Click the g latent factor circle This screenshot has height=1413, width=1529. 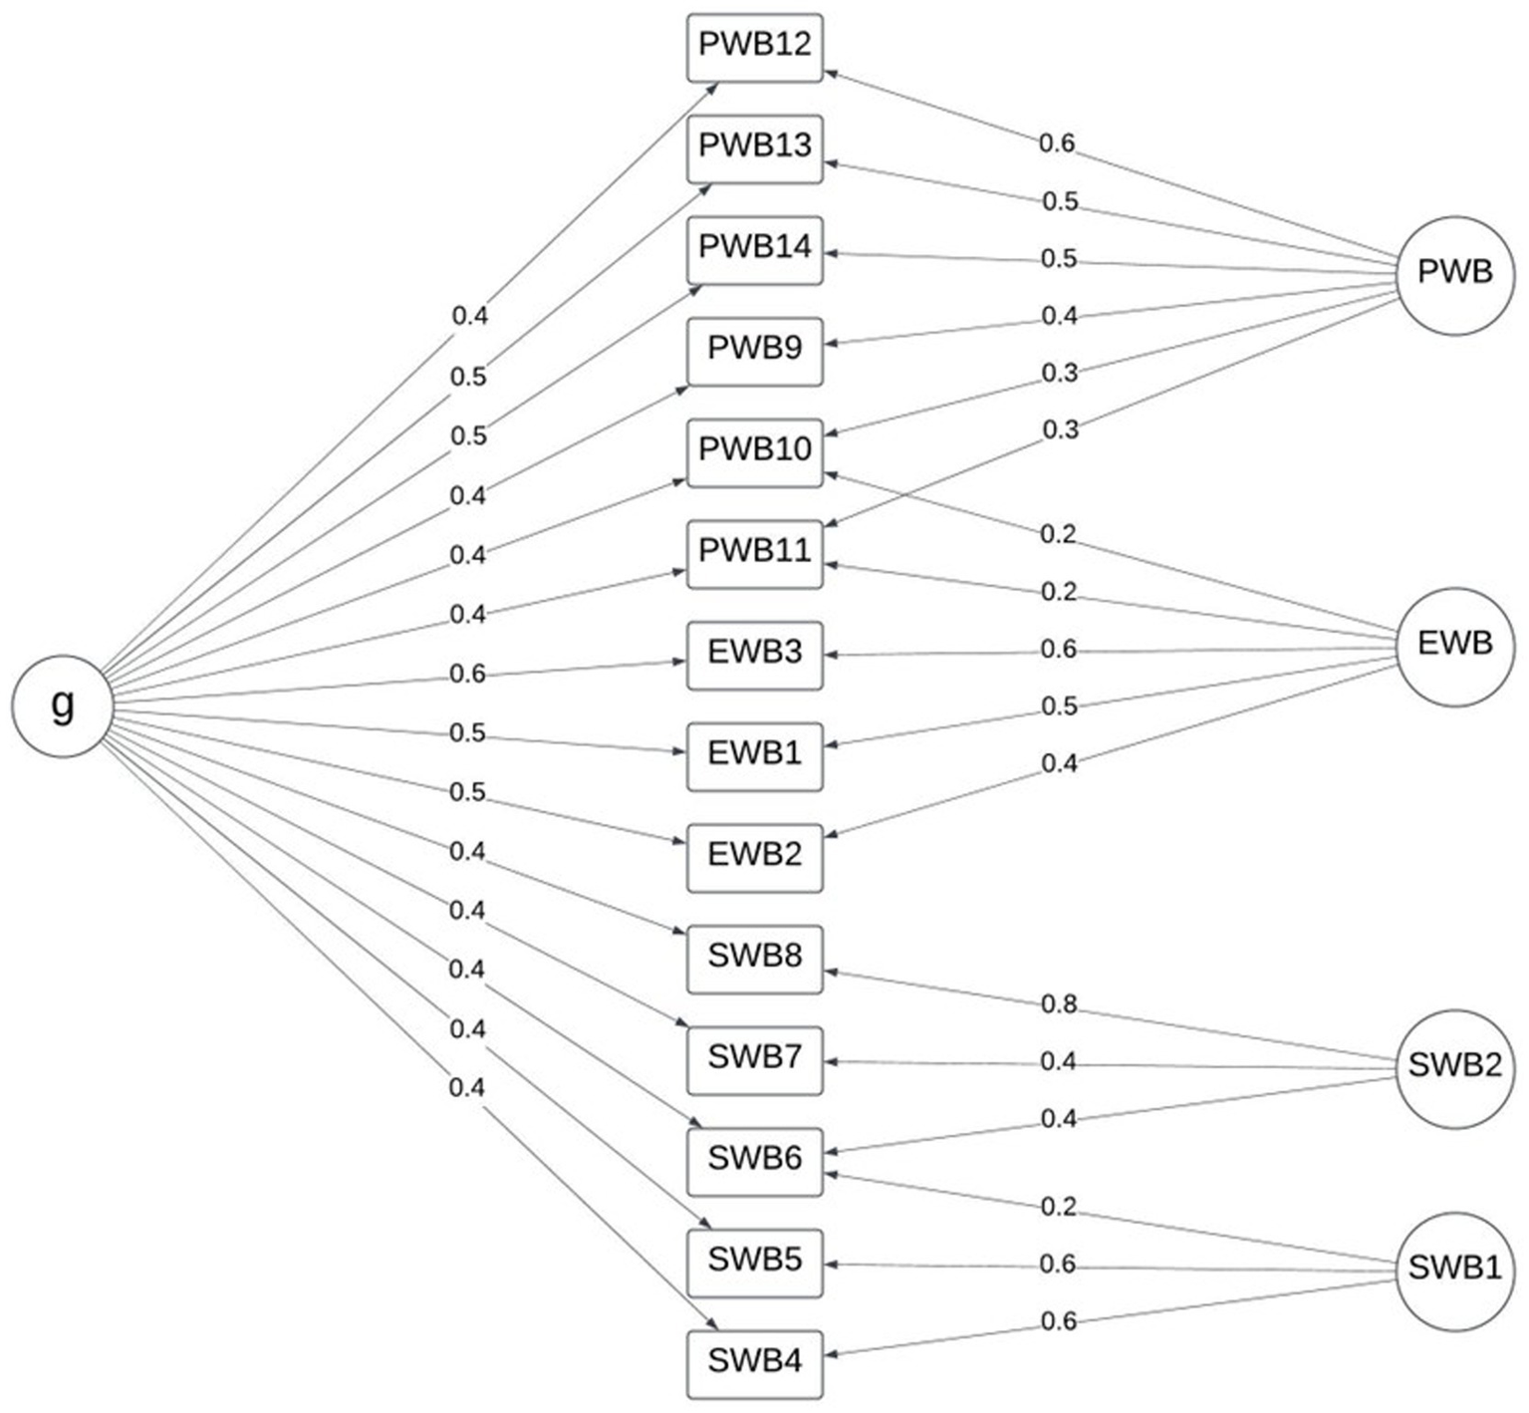[62, 706]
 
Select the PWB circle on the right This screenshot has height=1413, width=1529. [1454, 273]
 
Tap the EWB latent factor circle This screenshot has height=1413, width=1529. [1454, 646]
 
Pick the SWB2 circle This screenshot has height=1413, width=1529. [1454, 1066]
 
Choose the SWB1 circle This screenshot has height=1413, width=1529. [1454, 1270]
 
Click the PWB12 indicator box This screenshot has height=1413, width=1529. [755, 47]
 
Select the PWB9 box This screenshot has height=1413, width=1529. [755, 351]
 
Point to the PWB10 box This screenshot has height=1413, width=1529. [755, 451]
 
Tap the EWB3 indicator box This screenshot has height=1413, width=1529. [755, 655]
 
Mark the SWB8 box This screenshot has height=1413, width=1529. [755, 959]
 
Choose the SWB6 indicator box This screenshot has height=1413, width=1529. [755, 1161]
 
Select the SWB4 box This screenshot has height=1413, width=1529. [755, 1363]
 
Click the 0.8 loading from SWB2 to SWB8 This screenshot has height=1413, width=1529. [1059, 1003]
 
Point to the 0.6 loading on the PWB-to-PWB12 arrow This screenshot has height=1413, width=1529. [1057, 143]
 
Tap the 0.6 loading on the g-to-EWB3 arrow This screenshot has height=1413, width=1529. [467, 675]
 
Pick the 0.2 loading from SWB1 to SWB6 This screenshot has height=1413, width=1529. [1058, 1207]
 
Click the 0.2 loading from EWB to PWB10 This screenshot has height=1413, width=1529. [1058, 534]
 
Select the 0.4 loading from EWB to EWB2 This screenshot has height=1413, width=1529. [1059, 763]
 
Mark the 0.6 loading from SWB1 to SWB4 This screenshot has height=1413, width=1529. [1059, 1321]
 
